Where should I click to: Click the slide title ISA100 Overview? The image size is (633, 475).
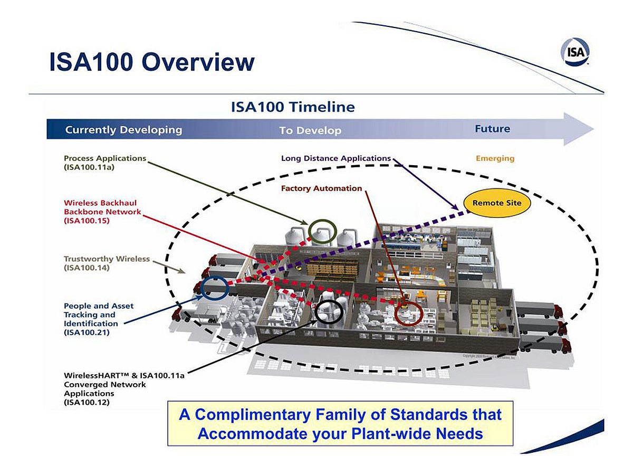152,62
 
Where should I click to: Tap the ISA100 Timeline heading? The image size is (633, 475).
293,107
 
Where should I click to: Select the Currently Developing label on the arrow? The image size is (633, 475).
123,130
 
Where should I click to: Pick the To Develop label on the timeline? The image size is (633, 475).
310,130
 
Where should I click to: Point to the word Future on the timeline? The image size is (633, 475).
492,129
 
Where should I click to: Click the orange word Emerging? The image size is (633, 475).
495,158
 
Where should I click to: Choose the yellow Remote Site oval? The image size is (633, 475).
496,203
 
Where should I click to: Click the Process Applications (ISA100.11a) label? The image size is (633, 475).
104,163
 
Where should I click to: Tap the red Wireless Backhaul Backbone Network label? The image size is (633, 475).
102,212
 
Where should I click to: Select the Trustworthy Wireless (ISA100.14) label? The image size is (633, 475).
107,263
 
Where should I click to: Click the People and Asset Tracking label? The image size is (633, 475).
99,319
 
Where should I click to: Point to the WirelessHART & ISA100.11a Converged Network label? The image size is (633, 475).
124,388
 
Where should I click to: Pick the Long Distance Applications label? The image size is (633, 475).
335,158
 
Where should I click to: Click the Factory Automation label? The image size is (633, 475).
321,188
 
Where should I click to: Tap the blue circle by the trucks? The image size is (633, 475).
214,288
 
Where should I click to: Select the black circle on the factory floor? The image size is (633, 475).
329,312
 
